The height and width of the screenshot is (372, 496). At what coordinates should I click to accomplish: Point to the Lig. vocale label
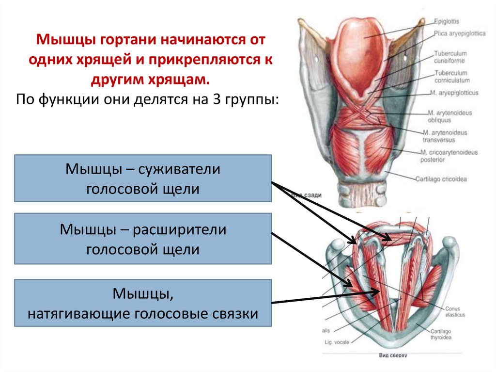click(x=337, y=342)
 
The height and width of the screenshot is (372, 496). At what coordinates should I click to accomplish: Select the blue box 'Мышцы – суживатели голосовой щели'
click(x=143, y=178)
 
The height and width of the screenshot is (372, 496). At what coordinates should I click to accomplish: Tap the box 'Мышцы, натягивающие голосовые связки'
click(x=143, y=302)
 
